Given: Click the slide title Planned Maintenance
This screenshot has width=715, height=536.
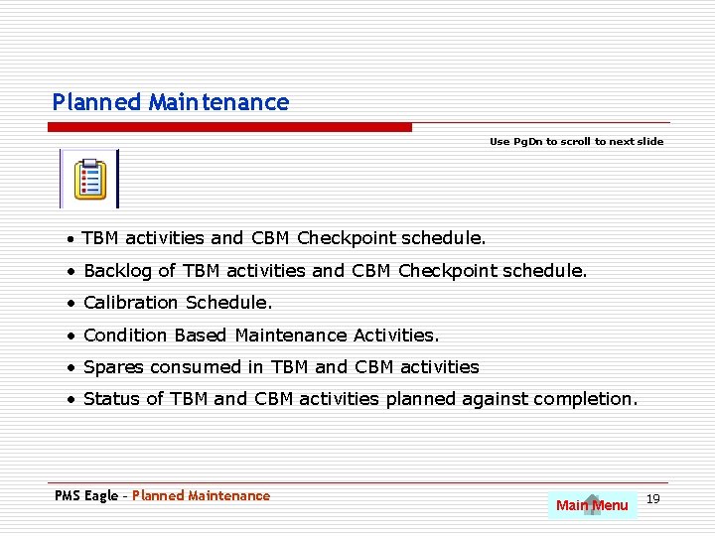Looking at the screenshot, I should [x=170, y=102].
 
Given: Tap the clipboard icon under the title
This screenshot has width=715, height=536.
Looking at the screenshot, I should [x=90, y=179].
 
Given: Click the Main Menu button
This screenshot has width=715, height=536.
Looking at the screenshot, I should [x=592, y=505].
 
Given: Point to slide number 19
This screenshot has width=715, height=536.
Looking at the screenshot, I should [x=653, y=497].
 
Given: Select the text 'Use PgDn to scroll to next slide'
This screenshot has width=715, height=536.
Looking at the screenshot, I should [x=576, y=142].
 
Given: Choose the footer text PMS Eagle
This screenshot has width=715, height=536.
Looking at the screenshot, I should [x=85, y=495].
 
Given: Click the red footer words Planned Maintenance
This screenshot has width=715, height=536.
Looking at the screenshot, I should [x=201, y=495].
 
